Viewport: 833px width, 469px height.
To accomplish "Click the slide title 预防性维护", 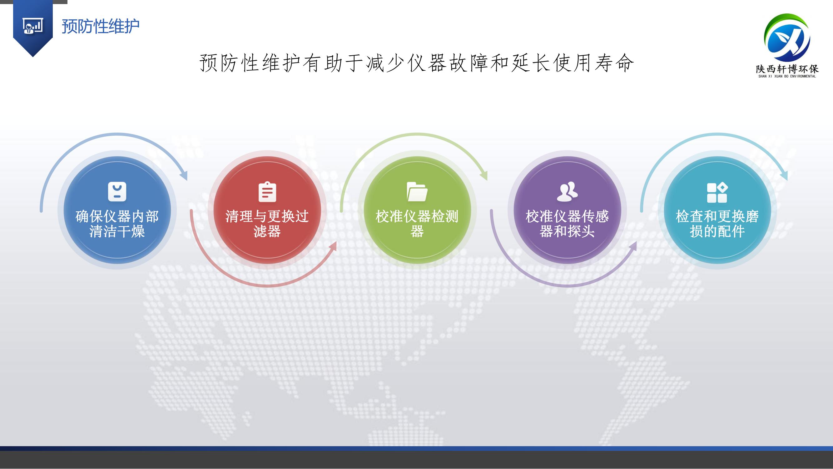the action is pyautogui.click(x=101, y=26).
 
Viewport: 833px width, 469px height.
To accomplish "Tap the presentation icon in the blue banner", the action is pyautogui.click(x=33, y=26).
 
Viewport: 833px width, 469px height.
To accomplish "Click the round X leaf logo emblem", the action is pyautogui.click(x=787, y=38).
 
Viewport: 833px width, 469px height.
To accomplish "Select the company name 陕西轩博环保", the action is pyautogui.click(x=787, y=68).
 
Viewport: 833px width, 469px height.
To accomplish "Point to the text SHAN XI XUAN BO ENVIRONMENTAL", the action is pyautogui.click(x=787, y=76).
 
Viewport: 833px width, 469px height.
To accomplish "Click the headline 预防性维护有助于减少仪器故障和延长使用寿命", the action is pyautogui.click(x=417, y=63).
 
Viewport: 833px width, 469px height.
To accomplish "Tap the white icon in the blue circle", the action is pyautogui.click(x=117, y=192).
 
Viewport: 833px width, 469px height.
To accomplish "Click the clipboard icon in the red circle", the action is pyautogui.click(x=267, y=192).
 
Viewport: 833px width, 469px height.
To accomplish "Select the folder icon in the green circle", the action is pyautogui.click(x=417, y=192).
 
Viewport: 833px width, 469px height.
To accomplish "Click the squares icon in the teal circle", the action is pyautogui.click(x=717, y=193).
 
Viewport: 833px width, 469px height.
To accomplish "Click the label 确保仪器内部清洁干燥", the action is pyautogui.click(x=117, y=224).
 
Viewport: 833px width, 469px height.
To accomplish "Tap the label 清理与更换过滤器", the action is pyautogui.click(x=267, y=224).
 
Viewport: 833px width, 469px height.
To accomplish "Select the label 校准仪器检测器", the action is pyautogui.click(x=417, y=224).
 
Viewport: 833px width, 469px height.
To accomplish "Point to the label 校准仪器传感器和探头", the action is pyautogui.click(x=567, y=224).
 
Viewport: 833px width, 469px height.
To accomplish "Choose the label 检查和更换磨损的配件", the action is pyautogui.click(x=717, y=224).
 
